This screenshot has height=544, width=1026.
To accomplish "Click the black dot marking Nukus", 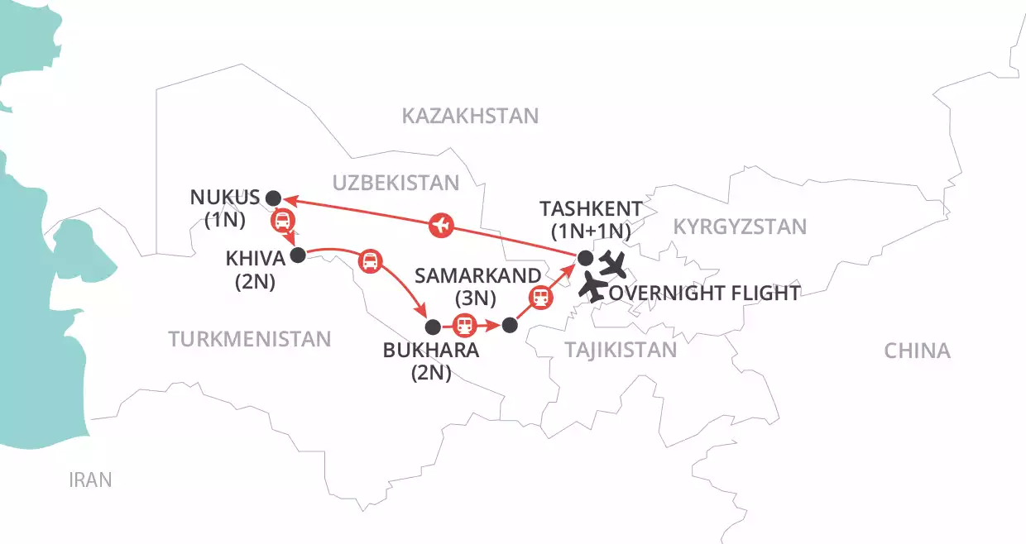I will (x=274, y=197).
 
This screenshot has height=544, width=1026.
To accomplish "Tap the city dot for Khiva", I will (x=298, y=255).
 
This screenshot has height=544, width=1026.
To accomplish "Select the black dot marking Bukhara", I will (x=431, y=325).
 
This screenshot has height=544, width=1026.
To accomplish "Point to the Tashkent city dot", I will (x=585, y=256).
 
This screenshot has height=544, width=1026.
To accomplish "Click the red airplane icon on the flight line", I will (x=443, y=223).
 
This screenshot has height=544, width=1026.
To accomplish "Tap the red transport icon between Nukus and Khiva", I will (x=282, y=220).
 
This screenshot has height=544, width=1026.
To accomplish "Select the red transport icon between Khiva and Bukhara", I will (x=369, y=262).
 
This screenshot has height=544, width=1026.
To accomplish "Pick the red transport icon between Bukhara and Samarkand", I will (x=466, y=325).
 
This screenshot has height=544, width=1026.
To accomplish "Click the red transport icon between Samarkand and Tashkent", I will (x=541, y=297).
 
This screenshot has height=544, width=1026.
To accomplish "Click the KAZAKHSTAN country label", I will (x=470, y=116).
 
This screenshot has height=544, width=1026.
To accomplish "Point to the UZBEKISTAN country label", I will (x=396, y=184).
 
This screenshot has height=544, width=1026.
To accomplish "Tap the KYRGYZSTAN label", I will (x=739, y=227).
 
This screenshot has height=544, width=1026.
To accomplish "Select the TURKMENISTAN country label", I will (x=249, y=338).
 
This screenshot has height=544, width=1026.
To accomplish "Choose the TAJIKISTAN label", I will (x=621, y=350).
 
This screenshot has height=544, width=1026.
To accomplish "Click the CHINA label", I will (x=917, y=351).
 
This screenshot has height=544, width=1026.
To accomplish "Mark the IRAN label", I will (x=90, y=480).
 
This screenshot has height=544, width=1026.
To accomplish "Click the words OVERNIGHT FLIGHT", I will (x=704, y=293).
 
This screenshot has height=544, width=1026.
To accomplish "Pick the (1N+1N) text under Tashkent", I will (x=587, y=231).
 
